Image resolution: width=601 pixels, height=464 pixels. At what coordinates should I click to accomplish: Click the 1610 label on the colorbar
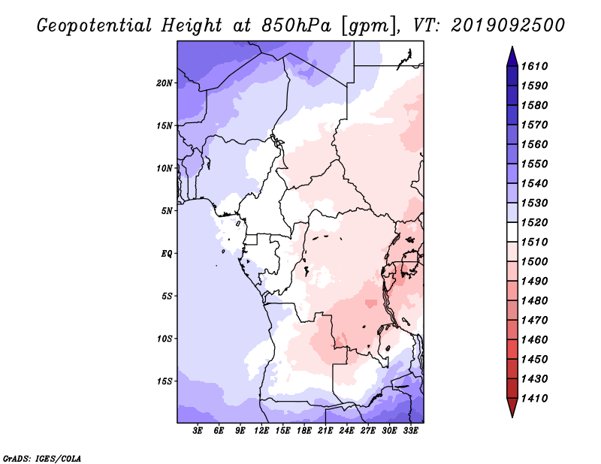coord(534,66)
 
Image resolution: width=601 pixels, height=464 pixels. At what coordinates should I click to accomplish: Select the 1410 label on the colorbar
coord(534,399)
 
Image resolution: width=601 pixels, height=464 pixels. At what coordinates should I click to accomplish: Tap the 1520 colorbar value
coord(534,222)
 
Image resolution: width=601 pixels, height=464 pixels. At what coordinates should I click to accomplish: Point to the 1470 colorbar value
coord(534,321)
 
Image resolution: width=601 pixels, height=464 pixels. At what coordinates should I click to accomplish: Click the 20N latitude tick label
coord(165,83)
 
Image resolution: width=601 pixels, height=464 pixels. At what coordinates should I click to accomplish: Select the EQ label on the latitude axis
coord(167,254)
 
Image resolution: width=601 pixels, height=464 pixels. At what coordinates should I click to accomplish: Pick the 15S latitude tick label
coord(165,381)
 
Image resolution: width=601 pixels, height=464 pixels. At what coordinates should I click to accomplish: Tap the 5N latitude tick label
coord(167,211)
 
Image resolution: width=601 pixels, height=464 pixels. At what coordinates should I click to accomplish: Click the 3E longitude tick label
coord(198,431)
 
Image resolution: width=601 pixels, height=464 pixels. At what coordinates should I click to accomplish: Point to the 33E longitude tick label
coord(410,431)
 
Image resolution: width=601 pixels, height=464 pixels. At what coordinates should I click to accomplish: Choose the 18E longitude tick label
coord(304,431)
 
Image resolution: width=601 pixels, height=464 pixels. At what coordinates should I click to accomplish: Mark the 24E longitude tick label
coord(346,431)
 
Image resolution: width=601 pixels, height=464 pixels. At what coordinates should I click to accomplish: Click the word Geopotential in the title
coord(95,26)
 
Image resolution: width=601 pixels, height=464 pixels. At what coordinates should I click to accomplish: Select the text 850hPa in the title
coord(296,26)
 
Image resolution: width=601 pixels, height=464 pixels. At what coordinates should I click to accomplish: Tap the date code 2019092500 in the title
coord(508,26)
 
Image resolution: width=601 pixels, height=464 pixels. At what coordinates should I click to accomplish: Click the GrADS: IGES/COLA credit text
coord(42,458)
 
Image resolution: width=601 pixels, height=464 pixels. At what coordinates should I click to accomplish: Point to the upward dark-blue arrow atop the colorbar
coord(512,56)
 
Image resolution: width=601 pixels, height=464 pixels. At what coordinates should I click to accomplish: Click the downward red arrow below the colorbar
coord(512,408)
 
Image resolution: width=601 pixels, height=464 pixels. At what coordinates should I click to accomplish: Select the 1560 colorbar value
coord(534,144)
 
